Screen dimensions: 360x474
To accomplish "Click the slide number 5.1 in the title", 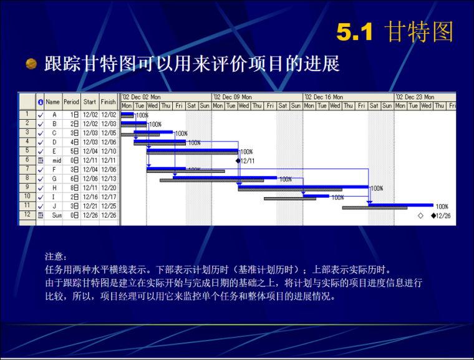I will pos(354,32).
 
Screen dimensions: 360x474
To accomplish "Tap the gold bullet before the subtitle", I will pos(31,64).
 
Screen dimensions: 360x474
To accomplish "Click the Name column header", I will pos(52,101).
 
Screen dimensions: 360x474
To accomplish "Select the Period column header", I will pos(71,101).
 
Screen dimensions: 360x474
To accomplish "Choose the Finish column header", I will pos(109,101).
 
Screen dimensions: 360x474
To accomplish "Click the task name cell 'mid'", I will pos(56,160).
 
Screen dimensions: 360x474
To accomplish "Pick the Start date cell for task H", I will pos(90,188).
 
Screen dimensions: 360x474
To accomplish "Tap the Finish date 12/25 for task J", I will pos(109,206).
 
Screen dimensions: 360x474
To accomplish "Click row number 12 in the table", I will pos(27,215).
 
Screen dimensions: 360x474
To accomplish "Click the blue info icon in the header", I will pos(41,101).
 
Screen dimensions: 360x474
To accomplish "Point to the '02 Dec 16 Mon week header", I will pos(324,97).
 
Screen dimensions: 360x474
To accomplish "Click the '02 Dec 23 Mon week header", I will pos(415,97).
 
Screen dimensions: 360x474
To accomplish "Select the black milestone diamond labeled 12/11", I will pos(238,160).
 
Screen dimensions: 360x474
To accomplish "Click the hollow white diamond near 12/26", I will pos(420,215).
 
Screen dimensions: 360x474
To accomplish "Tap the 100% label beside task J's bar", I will pos(442,206).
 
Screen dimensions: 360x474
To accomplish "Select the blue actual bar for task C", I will pos(159,132).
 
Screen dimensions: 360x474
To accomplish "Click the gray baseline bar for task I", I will pos(289,199).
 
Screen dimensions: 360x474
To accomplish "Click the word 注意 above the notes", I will pos(54,256).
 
